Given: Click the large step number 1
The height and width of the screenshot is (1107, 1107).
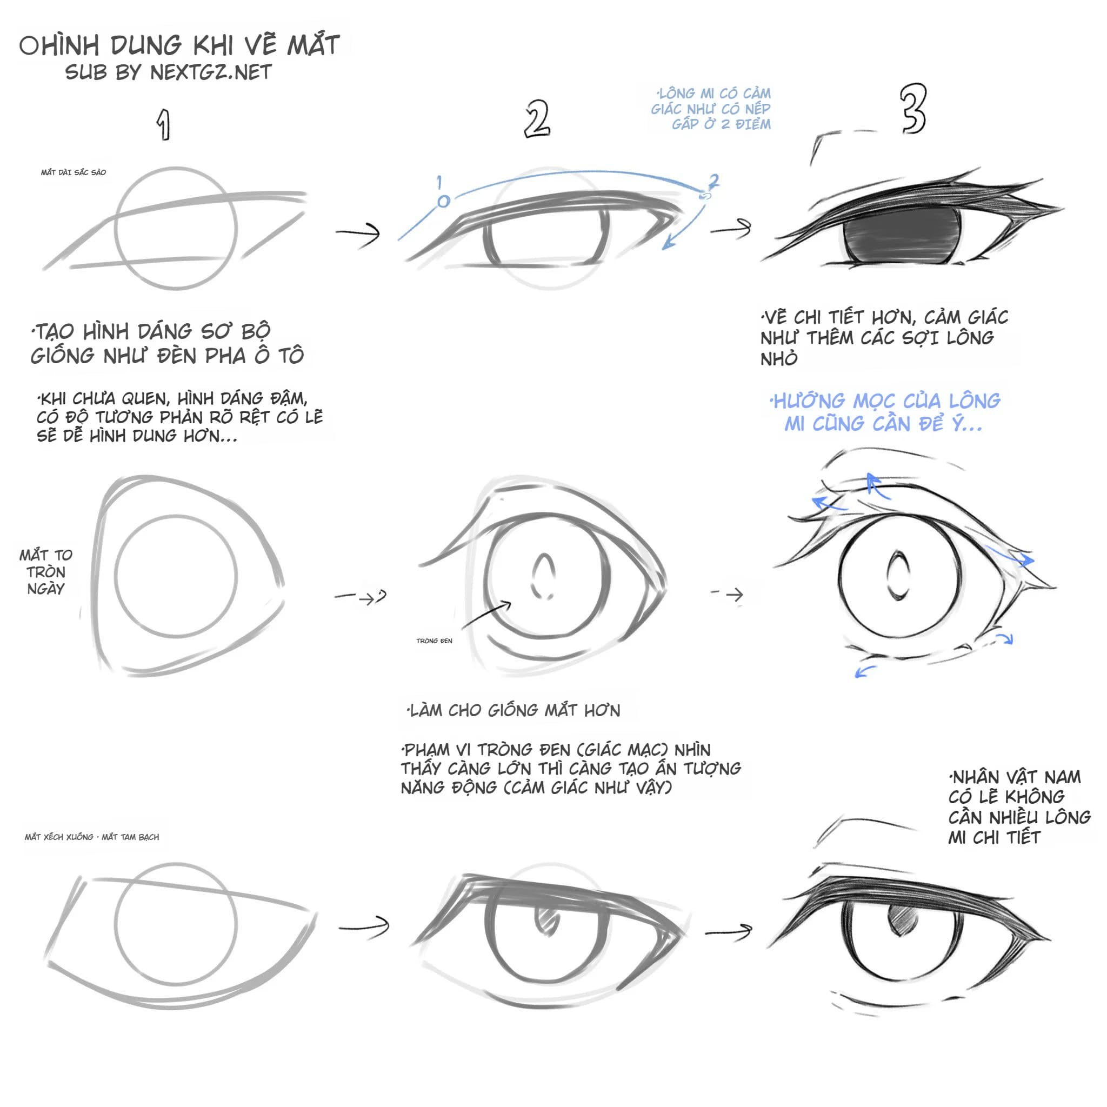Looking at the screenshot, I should [x=164, y=125].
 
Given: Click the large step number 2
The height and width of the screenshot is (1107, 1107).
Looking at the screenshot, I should [x=537, y=119].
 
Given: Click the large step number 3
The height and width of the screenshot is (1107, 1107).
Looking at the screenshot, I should [x=912, y=109].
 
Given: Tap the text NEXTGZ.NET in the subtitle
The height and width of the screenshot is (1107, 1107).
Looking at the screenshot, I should [x=211, y=73].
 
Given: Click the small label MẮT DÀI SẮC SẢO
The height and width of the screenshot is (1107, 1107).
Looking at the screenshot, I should [x=74, y=172].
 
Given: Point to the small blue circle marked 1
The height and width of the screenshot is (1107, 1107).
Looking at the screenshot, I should [x=443, y=201].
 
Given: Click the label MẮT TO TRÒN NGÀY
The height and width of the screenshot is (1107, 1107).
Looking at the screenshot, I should [x=46, y=572].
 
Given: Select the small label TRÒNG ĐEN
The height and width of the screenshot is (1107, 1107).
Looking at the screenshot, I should [x=434, y=641].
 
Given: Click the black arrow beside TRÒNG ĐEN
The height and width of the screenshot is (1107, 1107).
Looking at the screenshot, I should [x=486, y=615].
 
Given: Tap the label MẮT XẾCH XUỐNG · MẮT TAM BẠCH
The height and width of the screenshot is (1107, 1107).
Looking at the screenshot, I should [x=92, y=837].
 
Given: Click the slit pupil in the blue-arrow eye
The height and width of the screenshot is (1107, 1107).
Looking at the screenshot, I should [x=897, y=575].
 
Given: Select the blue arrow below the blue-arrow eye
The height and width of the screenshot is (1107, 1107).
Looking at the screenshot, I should [x=865, y=671].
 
